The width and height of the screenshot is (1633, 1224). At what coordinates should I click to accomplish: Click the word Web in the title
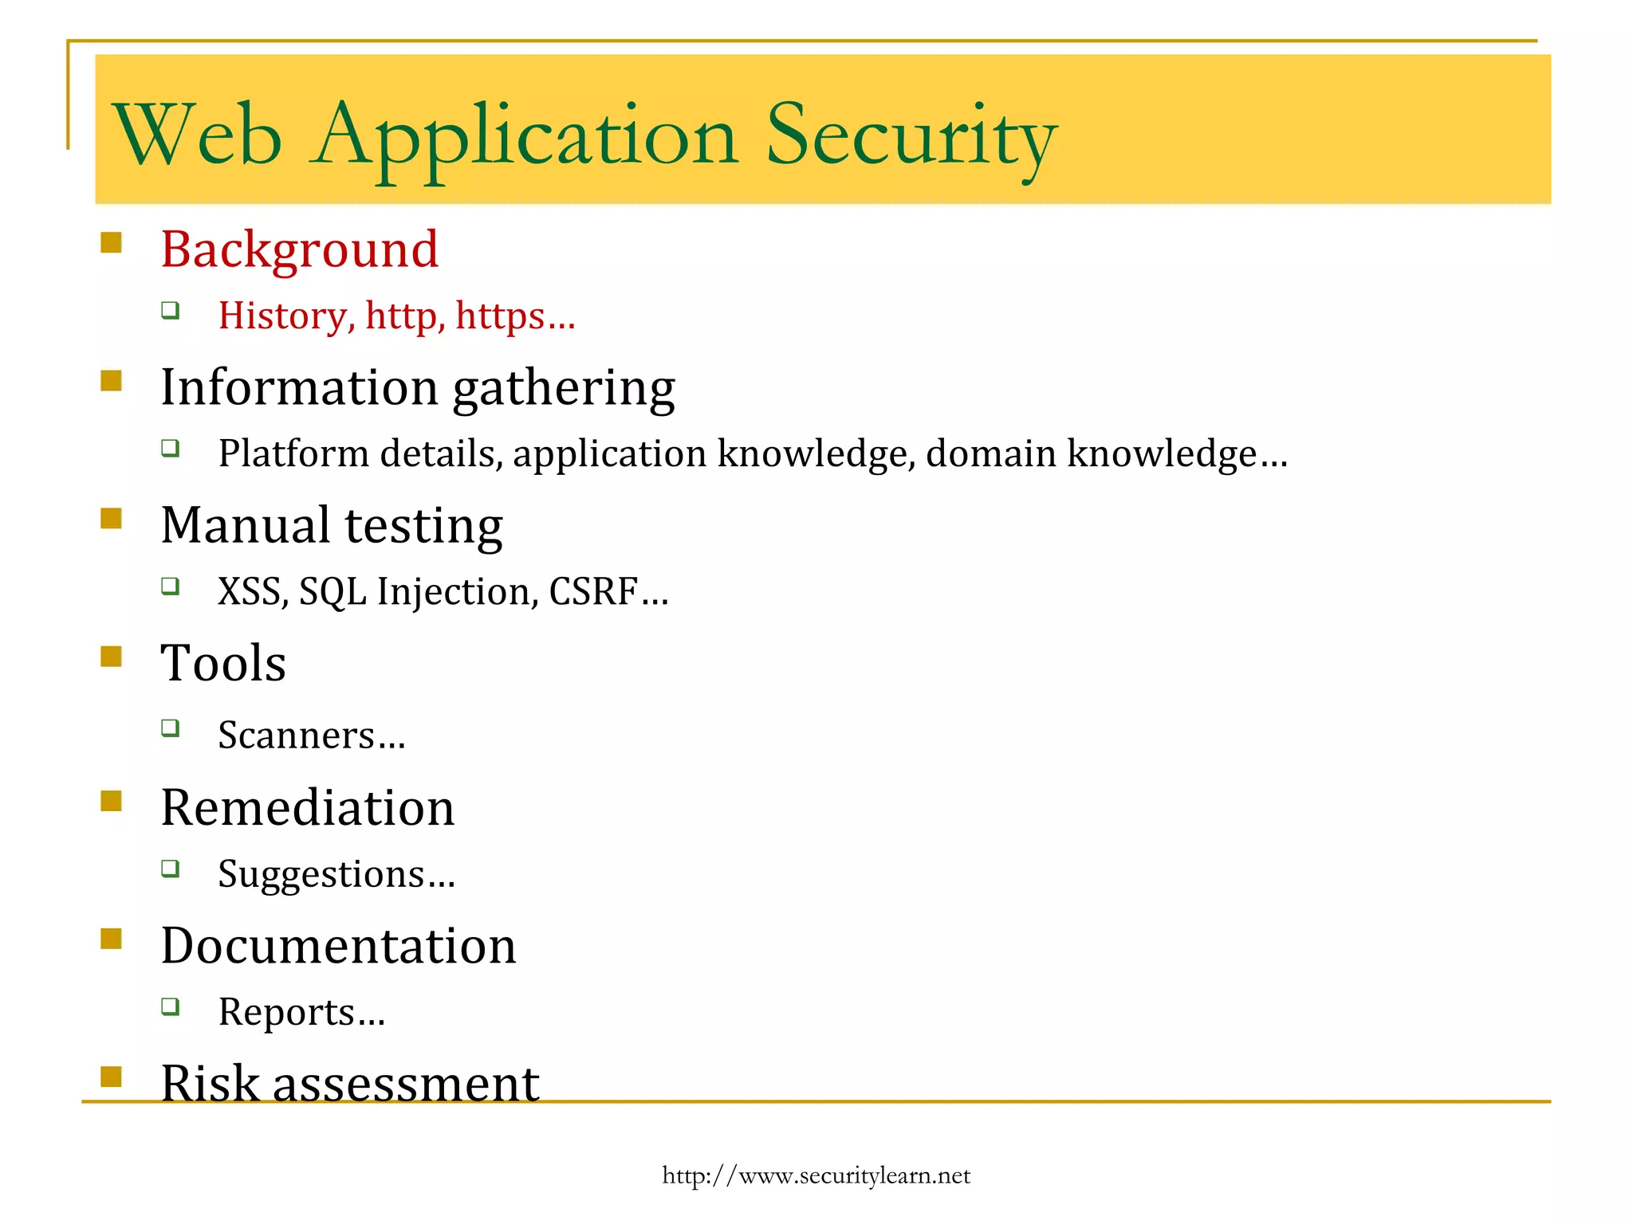click(197, 135)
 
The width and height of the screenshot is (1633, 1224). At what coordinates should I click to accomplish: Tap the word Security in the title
click(911, 137)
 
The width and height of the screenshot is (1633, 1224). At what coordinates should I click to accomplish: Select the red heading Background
click(300, 249)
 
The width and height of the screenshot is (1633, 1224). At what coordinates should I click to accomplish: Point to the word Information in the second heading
click(299, 387)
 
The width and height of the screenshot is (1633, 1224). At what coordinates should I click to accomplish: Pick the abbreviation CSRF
click(594, 591)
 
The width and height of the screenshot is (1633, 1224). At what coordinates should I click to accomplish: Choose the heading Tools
click(223, 663)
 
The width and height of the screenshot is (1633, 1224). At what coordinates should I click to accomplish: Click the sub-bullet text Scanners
click(297, 735)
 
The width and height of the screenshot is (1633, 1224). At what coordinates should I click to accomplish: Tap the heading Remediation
click(308, 807)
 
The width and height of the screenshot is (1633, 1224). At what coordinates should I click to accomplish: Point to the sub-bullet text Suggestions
click(321, 874)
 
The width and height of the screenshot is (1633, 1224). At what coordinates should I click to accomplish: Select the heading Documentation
click(339, 946)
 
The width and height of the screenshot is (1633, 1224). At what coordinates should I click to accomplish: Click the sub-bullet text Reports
click(287, 1012)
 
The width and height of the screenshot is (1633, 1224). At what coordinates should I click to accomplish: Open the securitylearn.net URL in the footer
click(816, 1175)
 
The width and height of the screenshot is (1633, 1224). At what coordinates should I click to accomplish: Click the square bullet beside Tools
click(112, 656)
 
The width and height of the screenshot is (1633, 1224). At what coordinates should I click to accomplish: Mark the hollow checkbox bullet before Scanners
click(170, 728)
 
